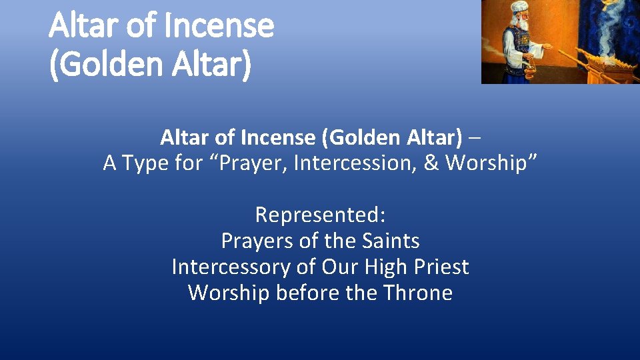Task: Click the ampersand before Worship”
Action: [431, 163]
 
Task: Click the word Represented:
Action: [320, 215]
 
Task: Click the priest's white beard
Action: [523, 25]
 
